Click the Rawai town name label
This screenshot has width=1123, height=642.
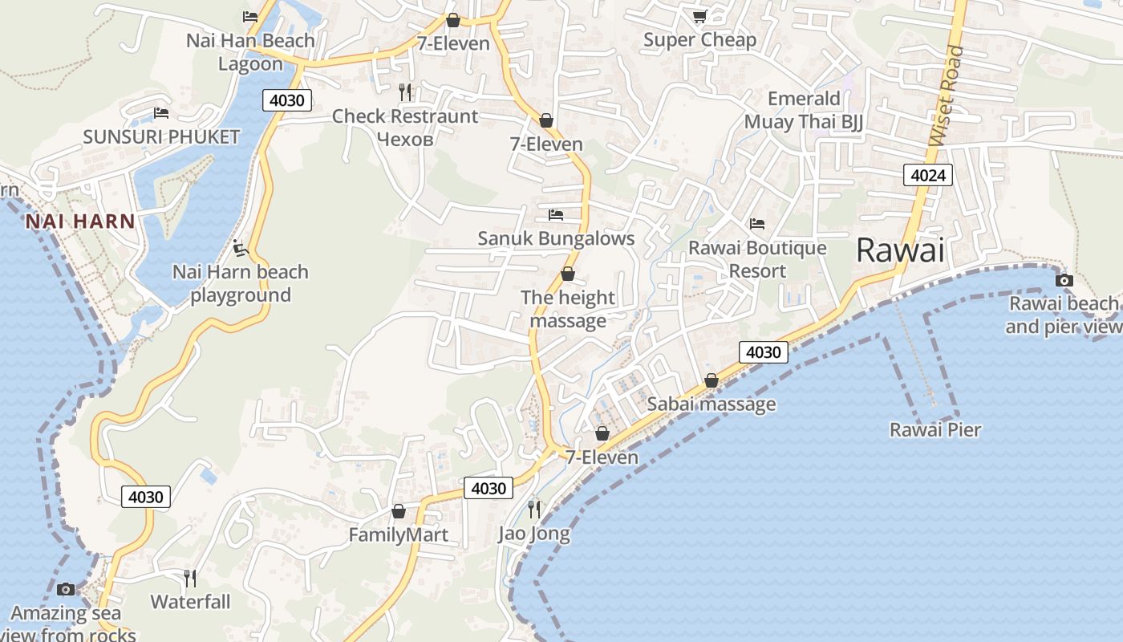900,250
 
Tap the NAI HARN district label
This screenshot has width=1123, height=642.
79,221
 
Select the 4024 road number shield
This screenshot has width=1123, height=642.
927,174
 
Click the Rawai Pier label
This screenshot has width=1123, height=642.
935,430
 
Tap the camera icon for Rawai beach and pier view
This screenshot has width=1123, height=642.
1064,280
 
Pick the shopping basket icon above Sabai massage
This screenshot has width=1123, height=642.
711,380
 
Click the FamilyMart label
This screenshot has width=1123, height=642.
398,534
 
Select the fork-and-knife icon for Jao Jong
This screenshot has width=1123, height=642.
534,509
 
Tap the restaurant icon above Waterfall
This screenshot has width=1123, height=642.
190,578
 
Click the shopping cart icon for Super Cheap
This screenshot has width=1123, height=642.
699,16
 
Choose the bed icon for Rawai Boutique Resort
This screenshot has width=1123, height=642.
756,224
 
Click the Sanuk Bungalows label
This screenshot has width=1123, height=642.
556,238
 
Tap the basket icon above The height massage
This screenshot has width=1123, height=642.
568,274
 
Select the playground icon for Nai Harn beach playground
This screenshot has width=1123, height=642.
240,248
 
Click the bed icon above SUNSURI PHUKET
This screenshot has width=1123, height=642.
161,113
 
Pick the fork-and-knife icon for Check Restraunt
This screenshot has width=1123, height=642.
405,92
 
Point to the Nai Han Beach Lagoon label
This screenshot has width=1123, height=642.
250,52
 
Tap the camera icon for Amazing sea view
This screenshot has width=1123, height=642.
66,590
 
